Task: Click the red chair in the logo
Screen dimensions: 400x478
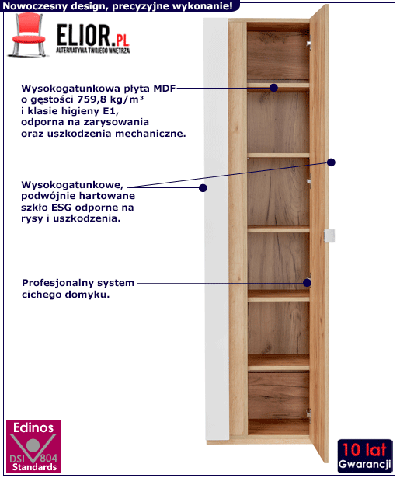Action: [x=27, y=34]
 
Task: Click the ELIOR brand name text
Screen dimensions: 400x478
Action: [x=83, y=36]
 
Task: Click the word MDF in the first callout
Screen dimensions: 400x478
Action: [x=164, y=89]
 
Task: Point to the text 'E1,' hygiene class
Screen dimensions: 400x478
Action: [x=110, y=111]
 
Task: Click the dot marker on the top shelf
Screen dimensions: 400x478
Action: [x=273, y=88]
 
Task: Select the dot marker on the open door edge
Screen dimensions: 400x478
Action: [x=331, y=162]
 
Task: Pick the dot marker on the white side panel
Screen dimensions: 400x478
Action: [x=203, y=188]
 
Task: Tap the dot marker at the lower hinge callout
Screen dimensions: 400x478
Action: [x=307, y=283]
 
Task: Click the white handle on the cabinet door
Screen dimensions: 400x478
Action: [x=329, y=236]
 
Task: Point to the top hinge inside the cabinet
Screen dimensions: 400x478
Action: [x=309, y=42]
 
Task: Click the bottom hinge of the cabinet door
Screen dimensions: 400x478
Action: [x=308, y=414]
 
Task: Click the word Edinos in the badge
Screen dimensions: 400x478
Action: [x=33, y=428]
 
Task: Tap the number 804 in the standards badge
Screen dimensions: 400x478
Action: [x=49, y=459]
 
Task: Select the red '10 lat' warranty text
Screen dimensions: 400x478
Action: [x=364, y=450]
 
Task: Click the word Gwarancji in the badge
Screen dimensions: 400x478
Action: [x=364, y=464]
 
